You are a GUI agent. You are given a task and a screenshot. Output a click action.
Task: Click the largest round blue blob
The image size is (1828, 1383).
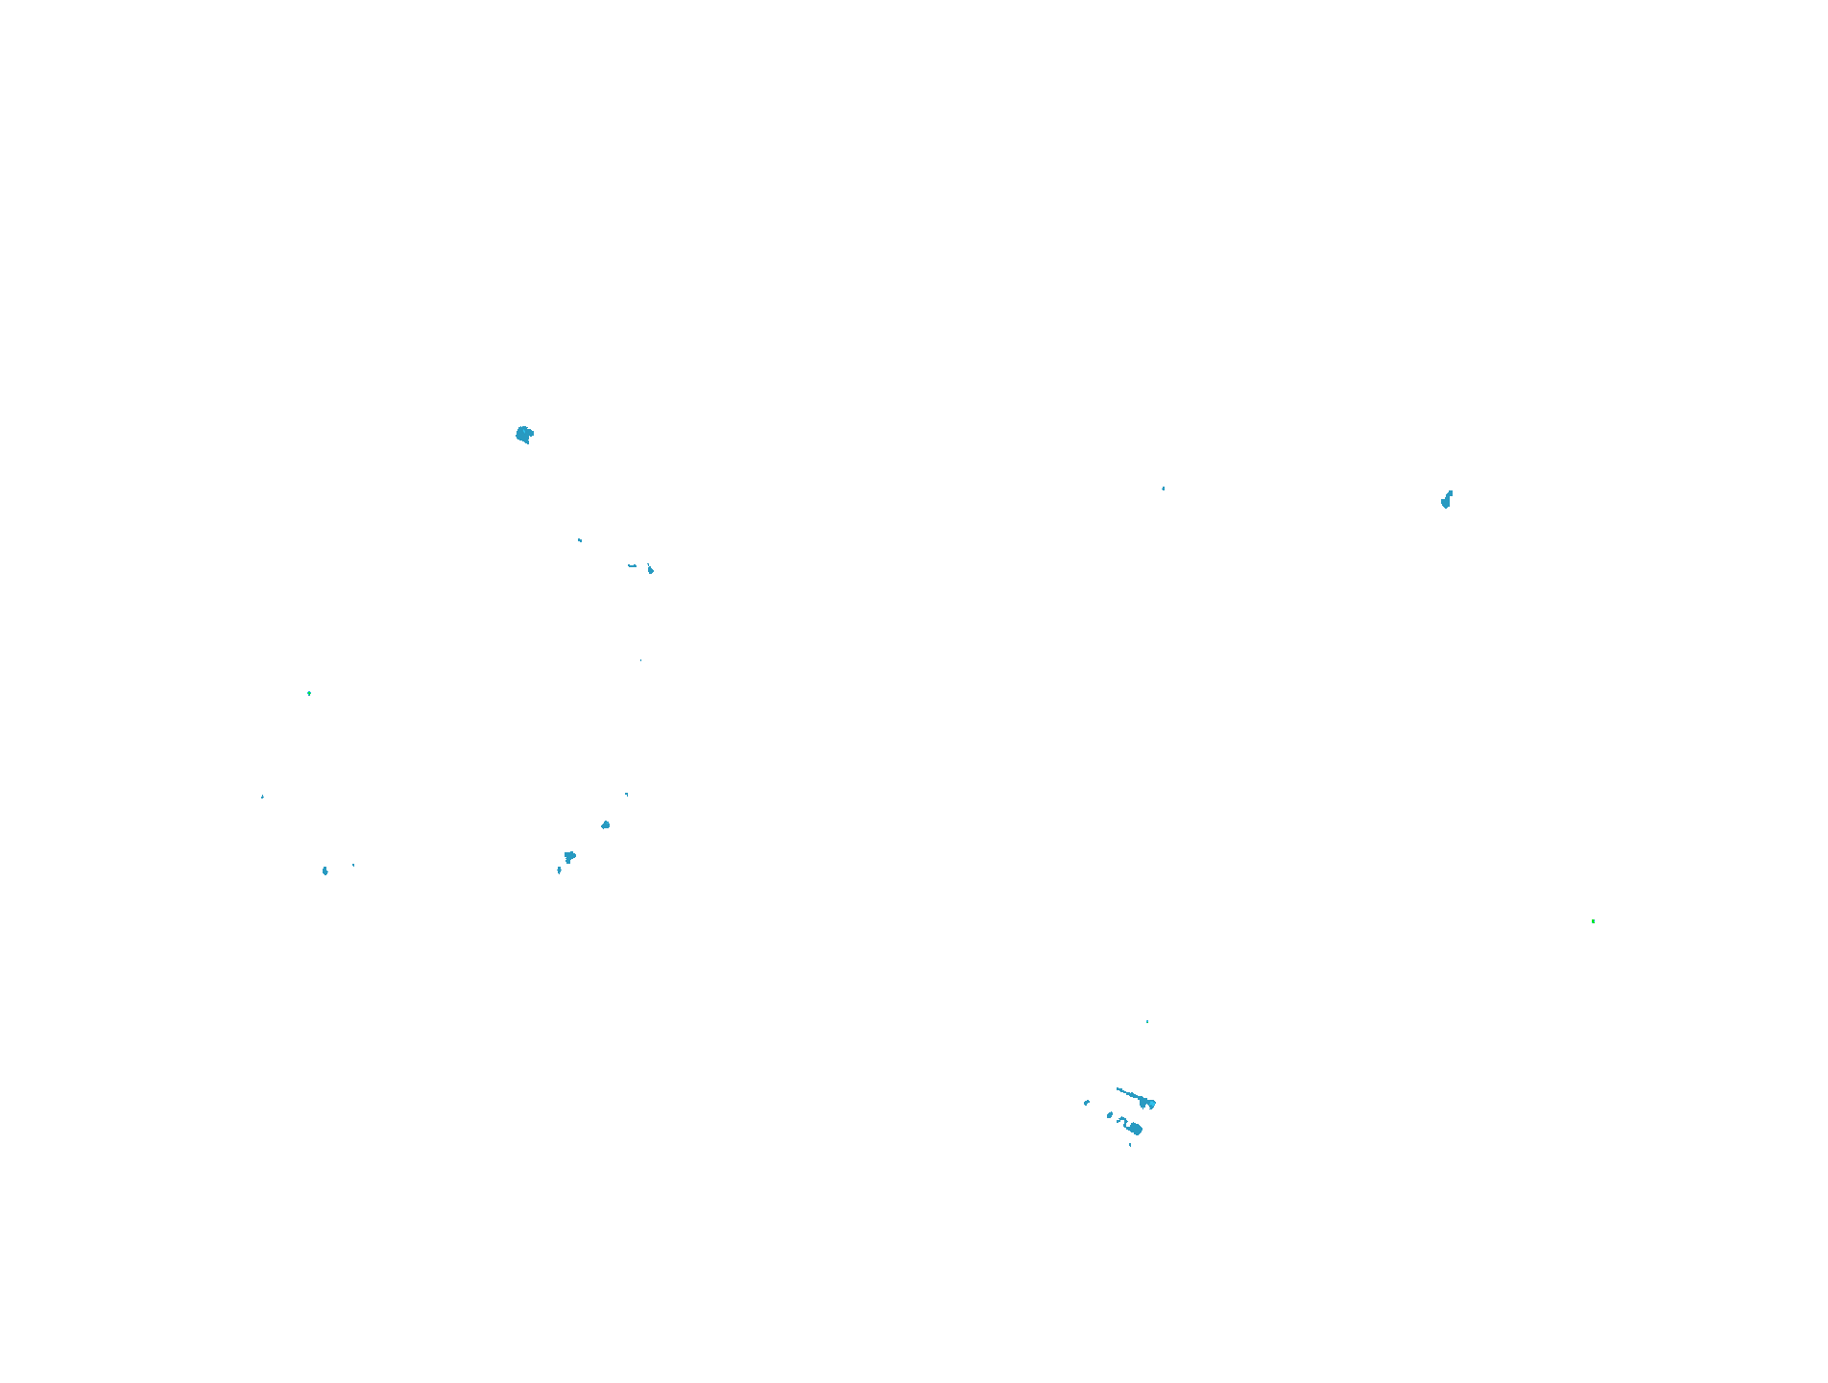point(524,435)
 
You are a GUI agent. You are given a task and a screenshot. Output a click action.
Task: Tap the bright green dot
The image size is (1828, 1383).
point(1593,921)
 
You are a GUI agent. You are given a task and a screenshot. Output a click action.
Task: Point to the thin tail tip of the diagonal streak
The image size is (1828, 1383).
point(1118,1089)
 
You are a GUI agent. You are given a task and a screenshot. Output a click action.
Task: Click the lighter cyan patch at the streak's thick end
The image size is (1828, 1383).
point(1151,1104)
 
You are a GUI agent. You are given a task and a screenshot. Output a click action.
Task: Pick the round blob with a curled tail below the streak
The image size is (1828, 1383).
point(1134,1128)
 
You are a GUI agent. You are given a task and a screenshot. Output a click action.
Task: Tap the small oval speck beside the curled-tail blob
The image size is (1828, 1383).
point(1110,1115)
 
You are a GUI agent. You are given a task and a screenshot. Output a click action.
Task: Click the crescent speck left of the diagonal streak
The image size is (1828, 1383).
point(1087,1103)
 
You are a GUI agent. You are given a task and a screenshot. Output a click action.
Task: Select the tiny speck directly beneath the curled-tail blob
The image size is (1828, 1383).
point(1130,1144)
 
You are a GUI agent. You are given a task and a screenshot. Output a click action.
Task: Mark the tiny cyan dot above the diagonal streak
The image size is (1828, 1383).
point(1147,1021)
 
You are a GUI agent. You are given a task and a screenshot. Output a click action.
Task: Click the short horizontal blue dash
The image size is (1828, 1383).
point(632,565)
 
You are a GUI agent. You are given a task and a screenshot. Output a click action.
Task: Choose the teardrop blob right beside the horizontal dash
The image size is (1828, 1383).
point(650,569)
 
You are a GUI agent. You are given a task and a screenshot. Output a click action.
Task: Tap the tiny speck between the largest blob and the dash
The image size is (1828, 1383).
point(580,540)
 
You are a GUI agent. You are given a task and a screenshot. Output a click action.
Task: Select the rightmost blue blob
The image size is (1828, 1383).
point(1446,499)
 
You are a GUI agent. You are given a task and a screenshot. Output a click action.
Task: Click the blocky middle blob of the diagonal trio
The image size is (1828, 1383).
point(569,856)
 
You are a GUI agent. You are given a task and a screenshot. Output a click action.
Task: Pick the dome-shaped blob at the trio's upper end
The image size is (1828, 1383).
point(605,824)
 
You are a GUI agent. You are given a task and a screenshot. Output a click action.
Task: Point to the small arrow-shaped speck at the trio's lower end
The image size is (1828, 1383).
point(559,870)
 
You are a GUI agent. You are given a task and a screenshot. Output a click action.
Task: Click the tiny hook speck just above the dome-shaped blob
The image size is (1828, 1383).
point(627,794)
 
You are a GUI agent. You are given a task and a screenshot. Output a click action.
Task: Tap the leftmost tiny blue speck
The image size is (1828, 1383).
point(262,797)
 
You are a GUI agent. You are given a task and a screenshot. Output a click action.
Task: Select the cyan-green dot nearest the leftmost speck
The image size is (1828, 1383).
point(309,693)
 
